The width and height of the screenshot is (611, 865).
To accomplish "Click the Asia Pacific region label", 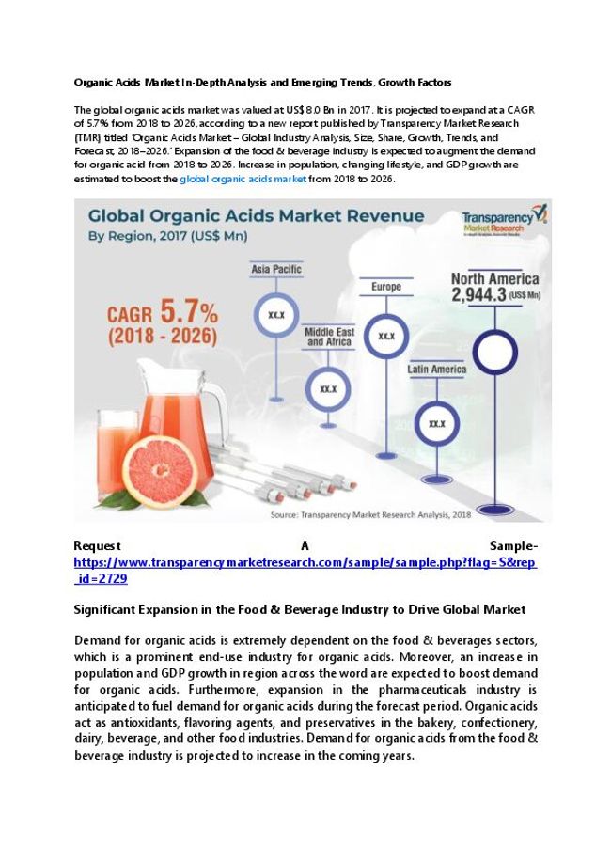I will pos(276,270).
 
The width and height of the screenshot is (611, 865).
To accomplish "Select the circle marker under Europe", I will pos(386,335).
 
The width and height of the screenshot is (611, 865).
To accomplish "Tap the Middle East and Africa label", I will pos(328,337).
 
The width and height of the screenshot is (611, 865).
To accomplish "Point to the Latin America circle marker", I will pos(436,423).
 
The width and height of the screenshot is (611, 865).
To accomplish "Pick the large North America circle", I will pos(494,354).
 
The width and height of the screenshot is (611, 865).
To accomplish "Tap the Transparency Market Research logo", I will pos(503,222).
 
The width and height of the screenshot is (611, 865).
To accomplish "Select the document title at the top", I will pos(262,82).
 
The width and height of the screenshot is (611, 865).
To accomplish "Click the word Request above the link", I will pos(97,545).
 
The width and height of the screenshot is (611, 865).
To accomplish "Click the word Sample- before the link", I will pos(513,545).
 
